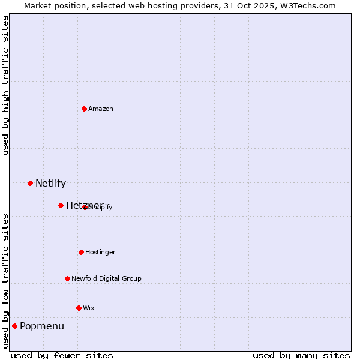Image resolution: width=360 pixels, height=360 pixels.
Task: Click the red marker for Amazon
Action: (85, 109)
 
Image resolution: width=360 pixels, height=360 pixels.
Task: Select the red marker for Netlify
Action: (30, 183)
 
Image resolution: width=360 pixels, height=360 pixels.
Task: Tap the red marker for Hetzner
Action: (61, 205)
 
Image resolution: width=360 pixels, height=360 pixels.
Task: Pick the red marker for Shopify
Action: (85, 207)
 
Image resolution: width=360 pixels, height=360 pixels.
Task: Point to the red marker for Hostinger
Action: (81, 252)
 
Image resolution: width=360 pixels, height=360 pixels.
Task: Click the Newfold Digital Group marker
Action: (67, 278)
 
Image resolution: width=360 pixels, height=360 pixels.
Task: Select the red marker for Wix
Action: (79, 308)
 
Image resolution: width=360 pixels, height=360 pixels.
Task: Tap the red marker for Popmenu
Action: (14, 326)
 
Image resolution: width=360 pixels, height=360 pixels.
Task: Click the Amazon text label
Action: (101, 109)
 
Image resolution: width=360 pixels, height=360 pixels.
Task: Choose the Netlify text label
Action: (50, 184)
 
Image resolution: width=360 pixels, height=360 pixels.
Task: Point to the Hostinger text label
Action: (100, 252)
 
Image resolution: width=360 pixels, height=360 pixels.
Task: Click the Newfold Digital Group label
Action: (106, 278)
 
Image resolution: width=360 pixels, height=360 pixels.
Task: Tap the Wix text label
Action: (89, 308)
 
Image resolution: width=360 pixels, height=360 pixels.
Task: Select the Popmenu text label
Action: (42, 326)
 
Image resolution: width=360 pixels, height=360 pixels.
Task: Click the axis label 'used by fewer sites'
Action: (62, 355)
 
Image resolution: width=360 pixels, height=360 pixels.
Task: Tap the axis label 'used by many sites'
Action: (301, 355)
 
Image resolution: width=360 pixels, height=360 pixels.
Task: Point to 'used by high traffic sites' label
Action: (6, 85)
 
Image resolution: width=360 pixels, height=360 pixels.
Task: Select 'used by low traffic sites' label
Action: (6, 280)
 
